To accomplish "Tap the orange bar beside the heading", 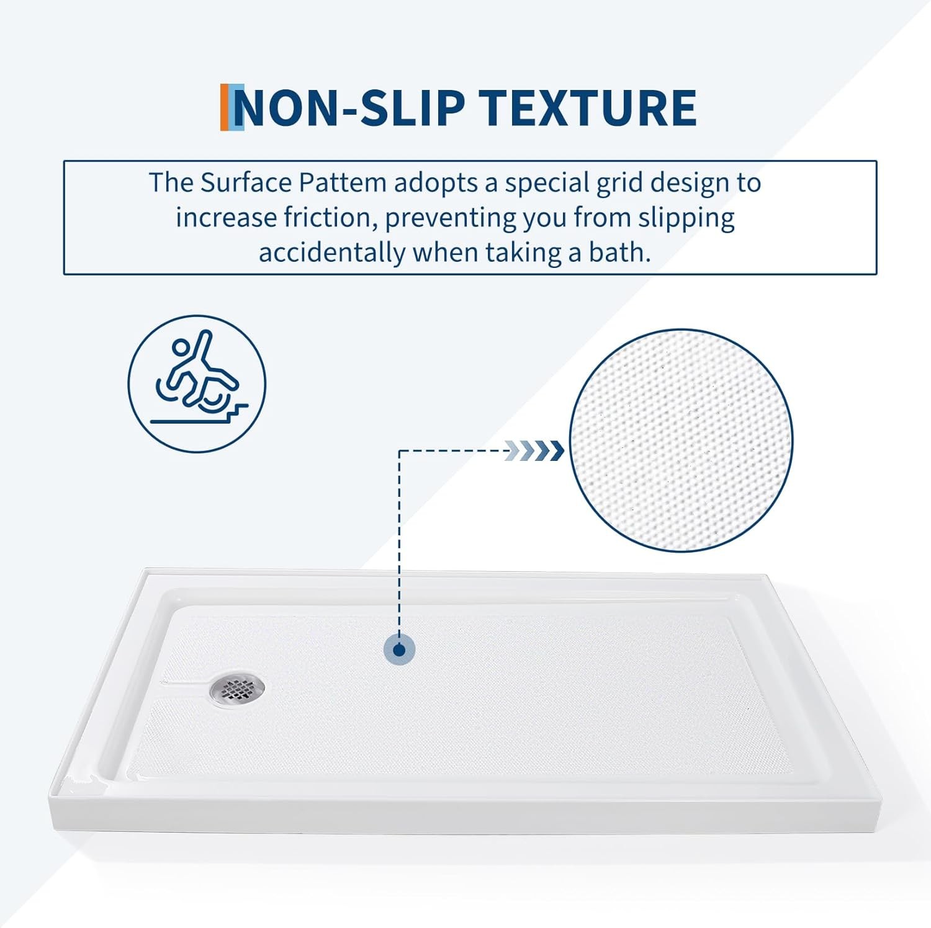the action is click(x=225, y=107).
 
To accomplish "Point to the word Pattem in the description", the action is click(x=343, y=183).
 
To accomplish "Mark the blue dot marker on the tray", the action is click(x=399, y=650).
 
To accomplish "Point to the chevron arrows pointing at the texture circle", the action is click(x=535, y=450).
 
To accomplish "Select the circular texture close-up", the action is click(x=681, y=440).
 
